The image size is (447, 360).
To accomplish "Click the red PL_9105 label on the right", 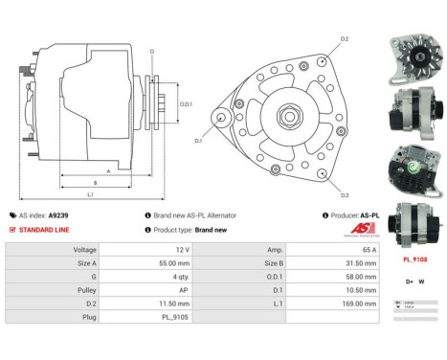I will [x=414, y=259].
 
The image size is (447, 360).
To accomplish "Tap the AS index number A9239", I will [x=59, y=215].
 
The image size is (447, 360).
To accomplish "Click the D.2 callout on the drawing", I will [x=346, y=38].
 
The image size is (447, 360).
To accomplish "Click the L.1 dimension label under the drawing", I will [x=89, y=194].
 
